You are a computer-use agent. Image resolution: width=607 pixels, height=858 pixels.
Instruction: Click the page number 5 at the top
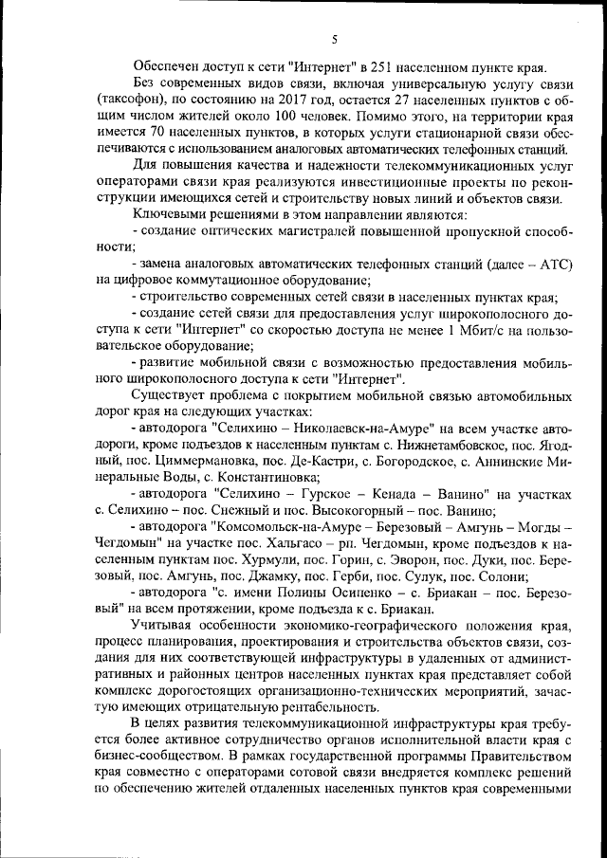[x=334, y=39]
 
